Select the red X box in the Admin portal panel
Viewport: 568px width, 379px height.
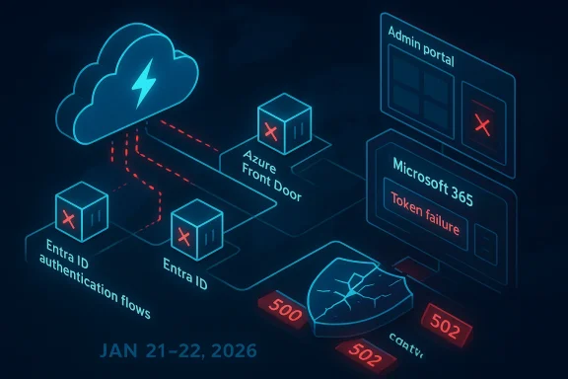click(x=483, y=123)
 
